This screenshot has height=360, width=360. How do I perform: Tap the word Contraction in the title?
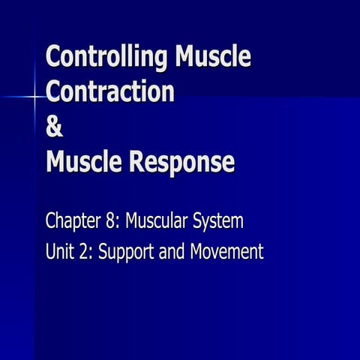point(109,91)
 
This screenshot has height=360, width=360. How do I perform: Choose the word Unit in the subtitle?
point(60,252)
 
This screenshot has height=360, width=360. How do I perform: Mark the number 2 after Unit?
point(85,252)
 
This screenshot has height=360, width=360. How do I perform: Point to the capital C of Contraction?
point(54,91)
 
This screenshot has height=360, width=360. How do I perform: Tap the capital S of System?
point(199,222)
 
